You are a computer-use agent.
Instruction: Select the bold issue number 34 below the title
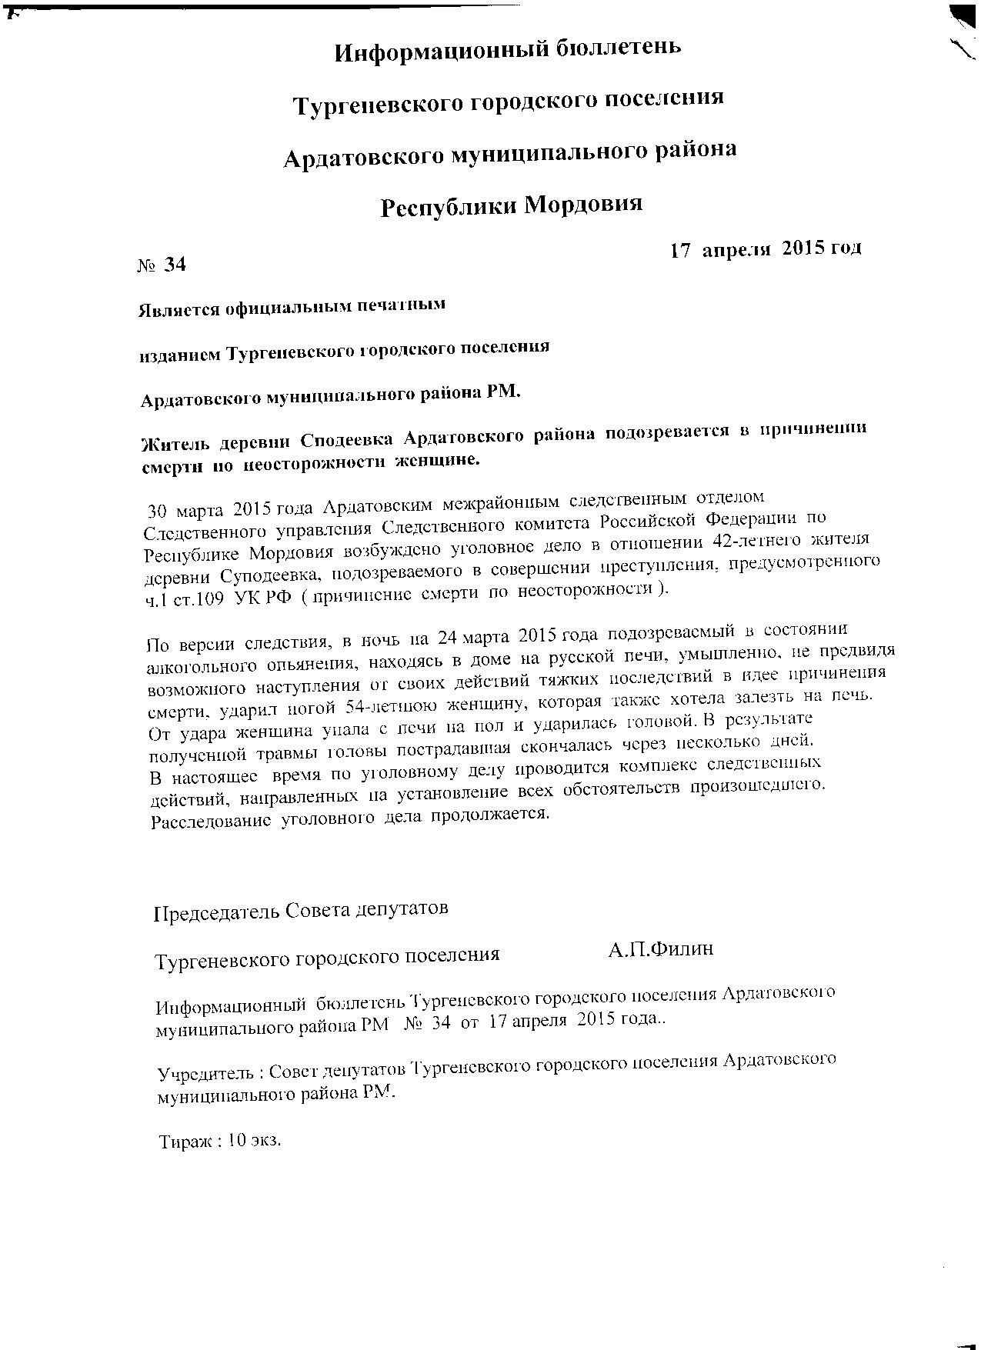(x=175, y=265)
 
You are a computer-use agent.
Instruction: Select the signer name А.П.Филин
(x=660, y=949)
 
